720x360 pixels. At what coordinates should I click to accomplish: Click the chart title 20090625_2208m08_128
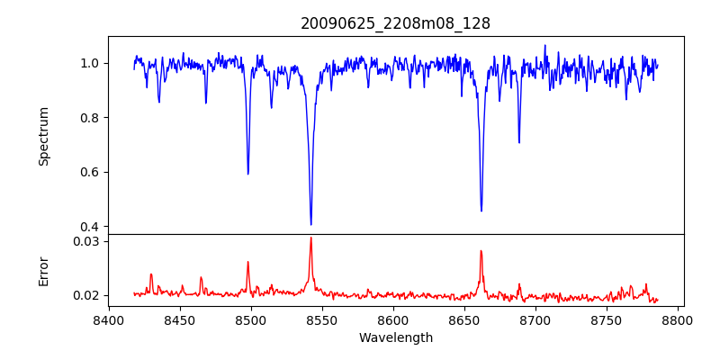[395, 23]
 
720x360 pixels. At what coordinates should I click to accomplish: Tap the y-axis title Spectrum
[43, 136]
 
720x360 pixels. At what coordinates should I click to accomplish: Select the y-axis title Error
[43, 271]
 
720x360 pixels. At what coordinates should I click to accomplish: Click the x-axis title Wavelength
[395, 338]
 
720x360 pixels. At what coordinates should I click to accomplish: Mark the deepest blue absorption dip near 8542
[310, 224]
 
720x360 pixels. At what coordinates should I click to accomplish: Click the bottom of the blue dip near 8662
[481, 211]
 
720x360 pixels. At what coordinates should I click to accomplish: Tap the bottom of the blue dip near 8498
[247, 174]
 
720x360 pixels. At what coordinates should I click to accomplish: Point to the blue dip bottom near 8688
[518, 142]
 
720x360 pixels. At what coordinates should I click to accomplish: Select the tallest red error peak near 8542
[310, 238]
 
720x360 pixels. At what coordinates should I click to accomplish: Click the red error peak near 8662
[481, 251]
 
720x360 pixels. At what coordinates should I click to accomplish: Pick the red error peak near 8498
[247, 263]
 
